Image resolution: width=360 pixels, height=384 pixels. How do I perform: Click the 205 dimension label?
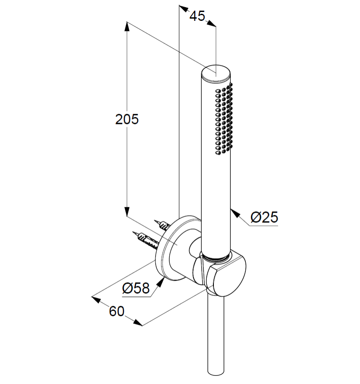coord(127,119)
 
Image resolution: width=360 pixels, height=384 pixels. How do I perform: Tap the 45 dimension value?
coord(197,16)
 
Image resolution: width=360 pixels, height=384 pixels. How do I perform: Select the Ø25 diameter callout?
coord(264,217)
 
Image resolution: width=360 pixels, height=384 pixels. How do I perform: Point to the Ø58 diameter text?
coord(136,288)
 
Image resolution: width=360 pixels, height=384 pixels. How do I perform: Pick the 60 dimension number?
coord(116,311)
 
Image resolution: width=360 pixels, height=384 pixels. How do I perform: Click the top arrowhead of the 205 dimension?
coord(127,27)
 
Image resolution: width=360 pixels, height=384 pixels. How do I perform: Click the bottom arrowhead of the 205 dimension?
coord(127,211)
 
